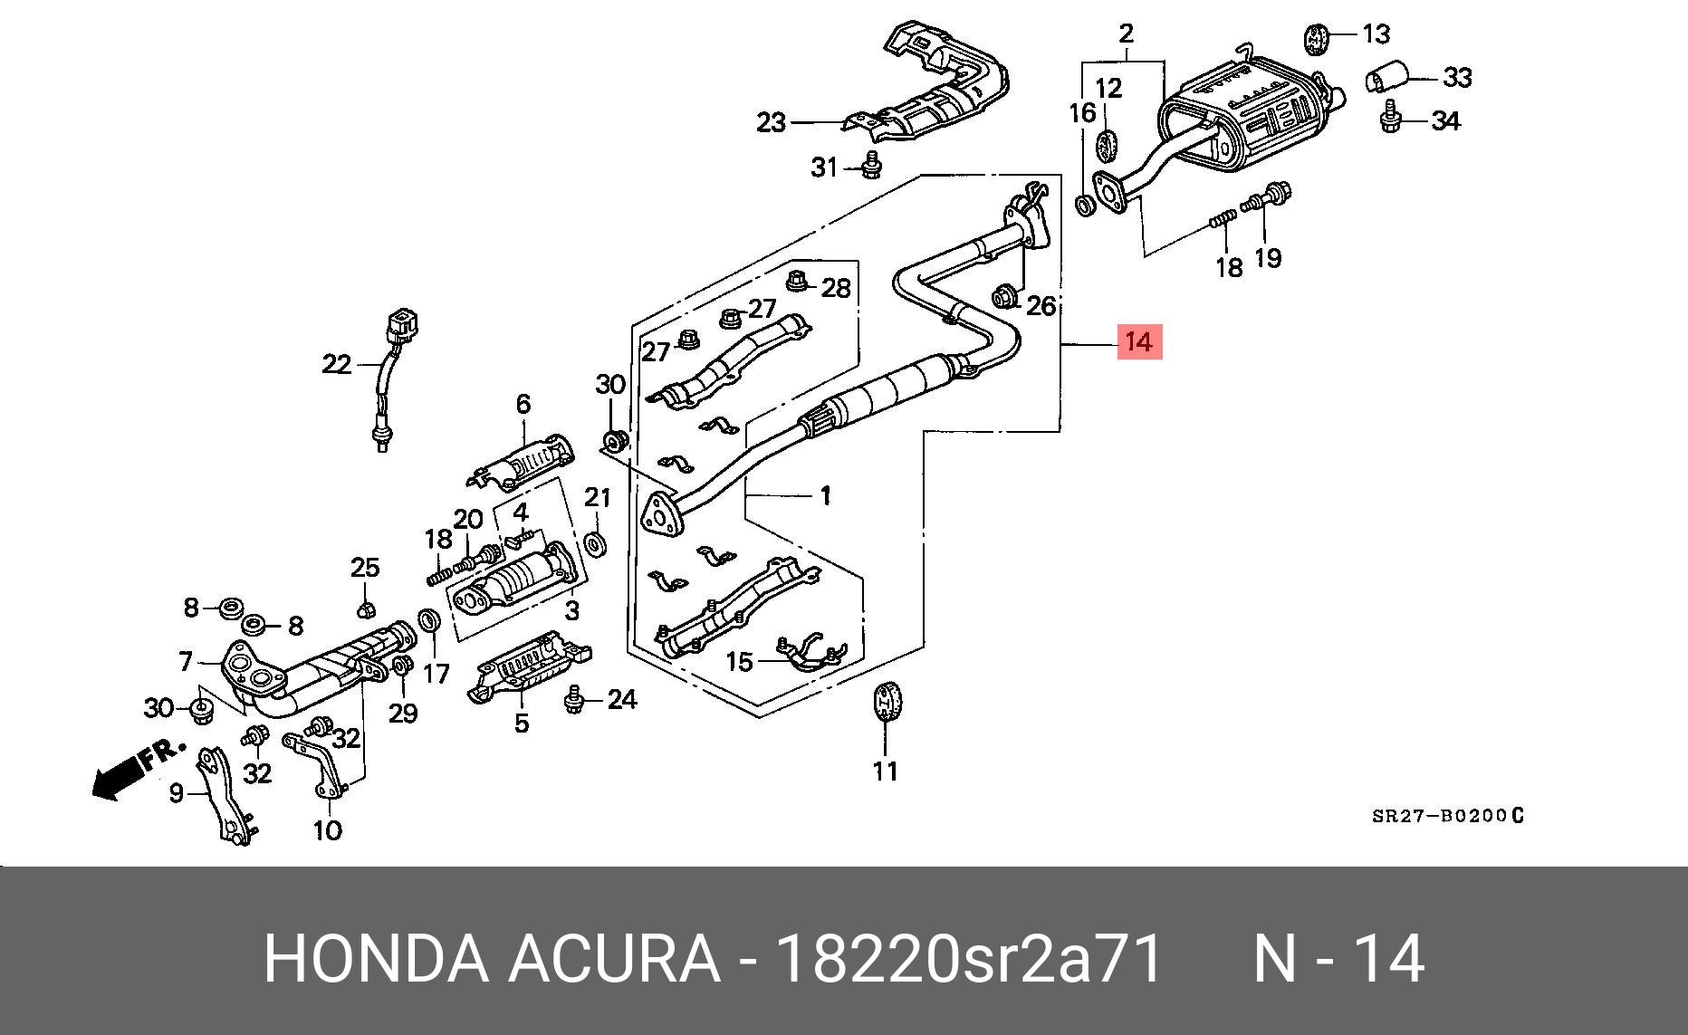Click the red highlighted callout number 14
pos(1138,342)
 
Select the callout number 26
pos(1041,305)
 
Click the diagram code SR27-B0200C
pos(1448,816)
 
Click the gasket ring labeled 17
pos(429,622)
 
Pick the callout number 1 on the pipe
pos(825,495)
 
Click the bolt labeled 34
pos(1391,120)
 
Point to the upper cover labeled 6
pos(523,462)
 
